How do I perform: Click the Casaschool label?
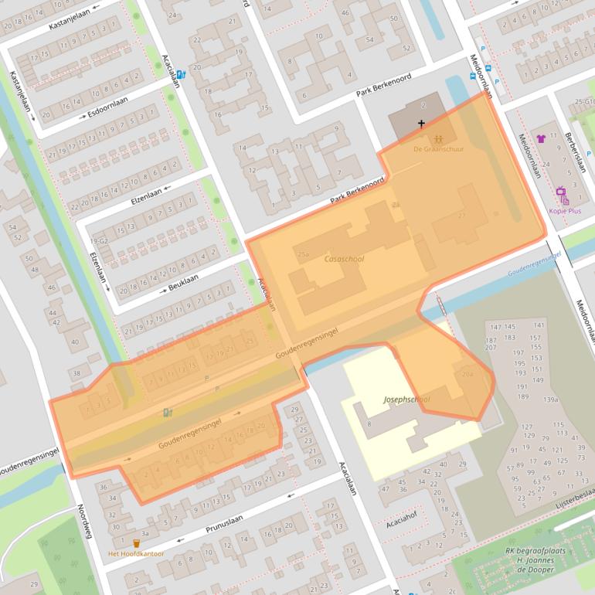point(344,260)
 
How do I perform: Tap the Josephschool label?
point(406,399)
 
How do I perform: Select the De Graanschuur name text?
point(438,149)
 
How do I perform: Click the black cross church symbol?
point(422,124)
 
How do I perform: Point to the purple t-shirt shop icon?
point(541,139)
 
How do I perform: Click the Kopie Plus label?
point(564,210)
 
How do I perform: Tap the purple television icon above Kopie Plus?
point(561,193)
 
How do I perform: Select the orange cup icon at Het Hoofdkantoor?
point(137,543)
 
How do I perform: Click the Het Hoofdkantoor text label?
point(137,554)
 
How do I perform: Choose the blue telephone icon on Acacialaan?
point(181,75)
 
